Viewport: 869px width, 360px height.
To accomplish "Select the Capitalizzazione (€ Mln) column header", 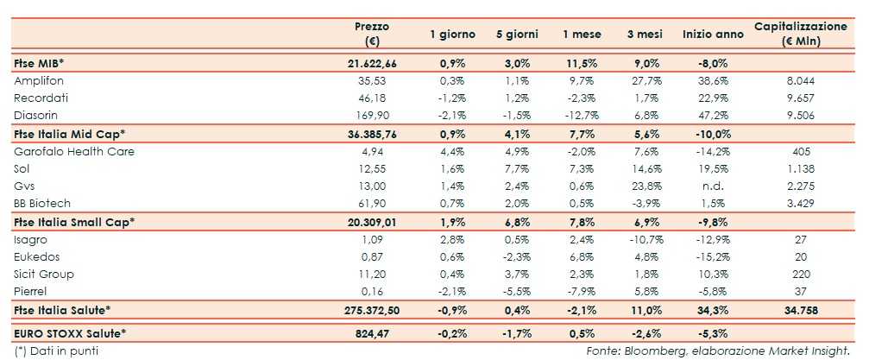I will pos(801,34).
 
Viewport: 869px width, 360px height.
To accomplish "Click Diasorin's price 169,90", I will pos(372,115).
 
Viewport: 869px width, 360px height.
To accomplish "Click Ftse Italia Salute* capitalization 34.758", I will pos(800,309).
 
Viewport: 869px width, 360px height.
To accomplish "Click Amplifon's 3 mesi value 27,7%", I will pos(645,80).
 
